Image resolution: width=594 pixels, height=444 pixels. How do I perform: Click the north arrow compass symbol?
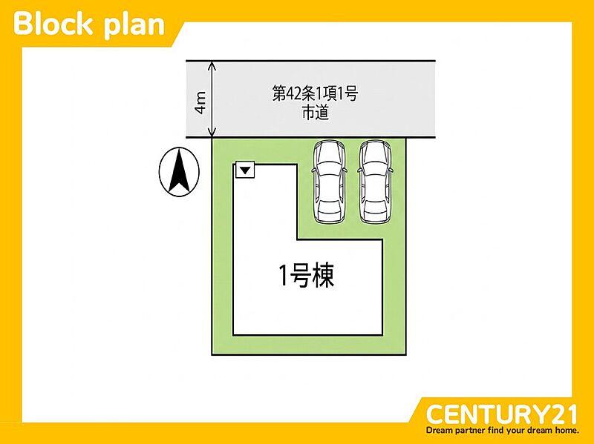coord(179,172)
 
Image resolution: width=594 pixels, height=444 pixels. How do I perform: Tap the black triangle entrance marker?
coord(246,170)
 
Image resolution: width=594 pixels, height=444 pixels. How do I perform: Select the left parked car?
coord(329,182)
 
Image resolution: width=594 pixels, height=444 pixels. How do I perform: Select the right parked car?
coord(375,182)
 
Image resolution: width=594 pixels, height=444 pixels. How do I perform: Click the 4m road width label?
coord(200,102)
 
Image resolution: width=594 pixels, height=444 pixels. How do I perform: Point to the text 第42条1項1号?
coord(315,93)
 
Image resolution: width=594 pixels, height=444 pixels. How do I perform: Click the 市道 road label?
coord(315,113)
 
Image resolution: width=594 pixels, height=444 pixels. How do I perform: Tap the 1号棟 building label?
coord(307,276)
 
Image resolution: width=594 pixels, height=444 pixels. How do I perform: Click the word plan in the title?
coord(134,26)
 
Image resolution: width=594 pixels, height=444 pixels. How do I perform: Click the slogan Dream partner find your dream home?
coord(503,430)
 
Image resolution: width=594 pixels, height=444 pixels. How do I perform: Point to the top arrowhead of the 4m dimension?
coord(212,64)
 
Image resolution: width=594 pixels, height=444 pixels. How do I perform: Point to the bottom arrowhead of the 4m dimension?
coord(212,133)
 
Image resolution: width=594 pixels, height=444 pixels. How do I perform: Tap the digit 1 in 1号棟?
coord(284,276)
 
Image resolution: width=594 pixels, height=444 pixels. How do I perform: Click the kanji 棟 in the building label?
coord(323,276)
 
